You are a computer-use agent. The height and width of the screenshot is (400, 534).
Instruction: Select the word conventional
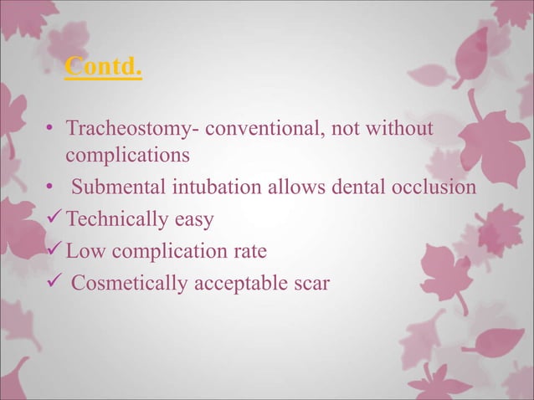coord(254,131)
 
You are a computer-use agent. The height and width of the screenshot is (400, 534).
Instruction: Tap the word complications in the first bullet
coord(128,156)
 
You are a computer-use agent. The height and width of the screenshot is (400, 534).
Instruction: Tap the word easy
coord(194,221)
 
